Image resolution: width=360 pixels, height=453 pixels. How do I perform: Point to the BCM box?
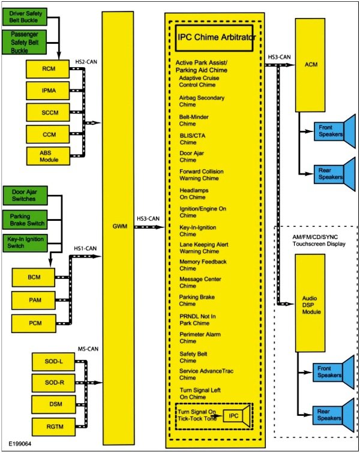[x=33, y=278]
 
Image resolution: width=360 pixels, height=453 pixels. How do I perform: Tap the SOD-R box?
[x=51, y=382]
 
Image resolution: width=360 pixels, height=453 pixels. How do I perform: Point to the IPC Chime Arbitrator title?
[x=217, y=37]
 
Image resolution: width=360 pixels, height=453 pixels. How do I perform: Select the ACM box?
[x=310, y=64]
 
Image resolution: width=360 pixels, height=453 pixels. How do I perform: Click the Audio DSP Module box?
[x=310, y=303]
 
